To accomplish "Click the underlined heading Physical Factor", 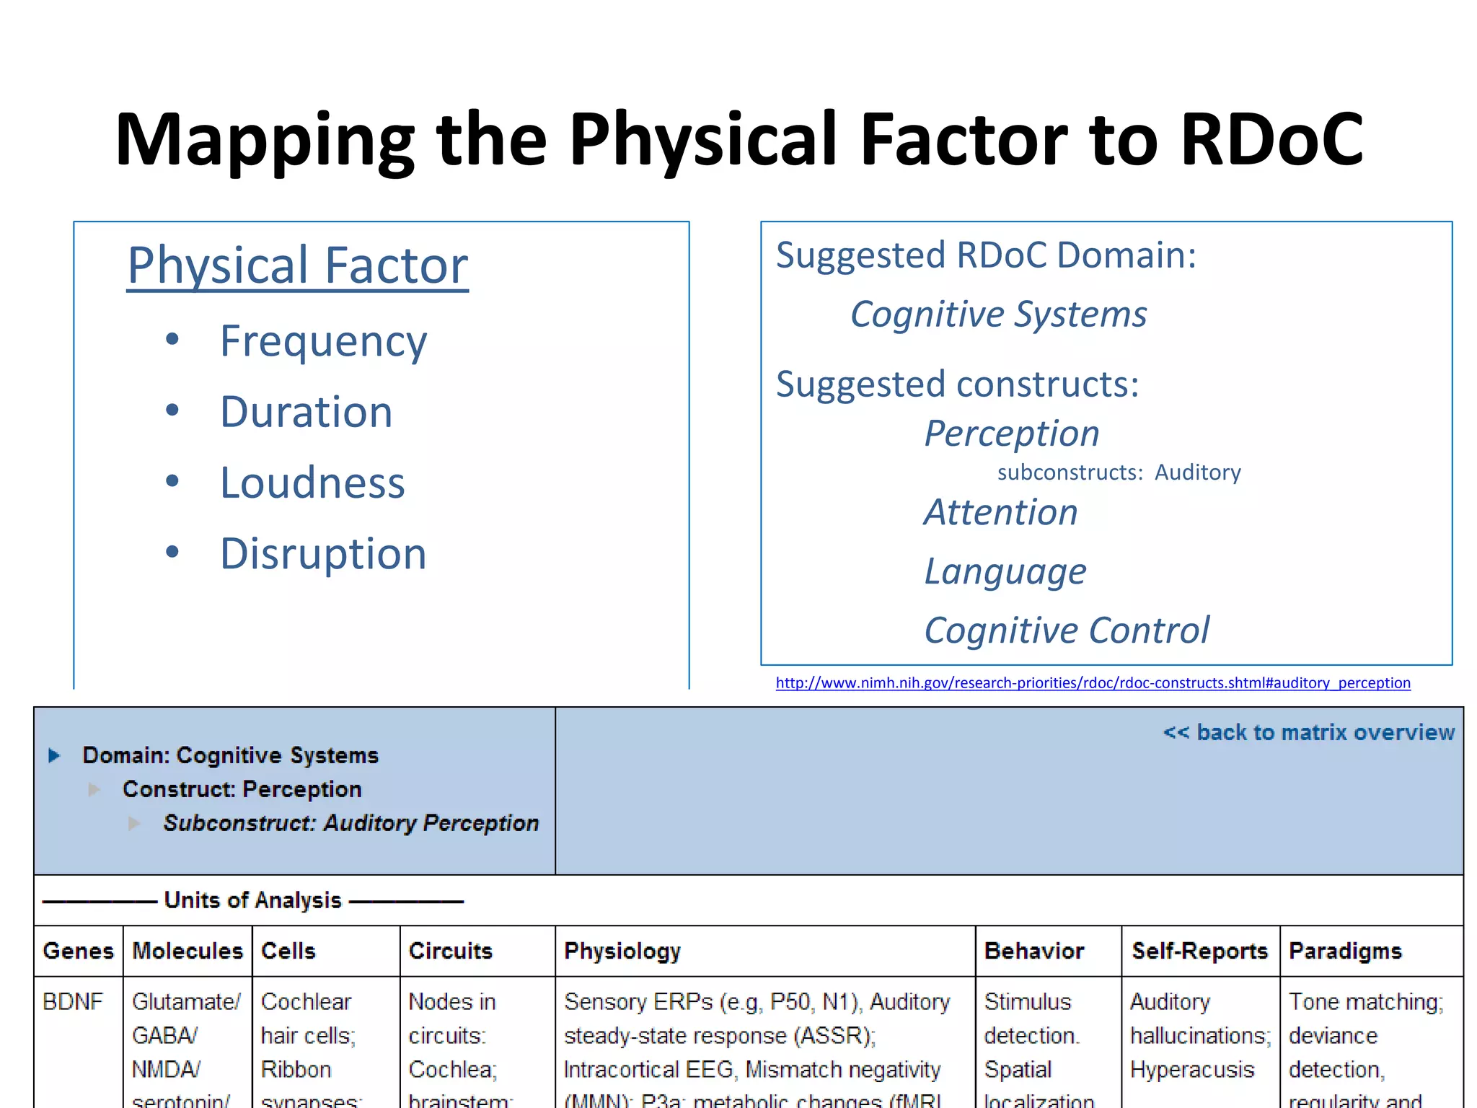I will (297, 266).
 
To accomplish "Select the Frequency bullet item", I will (323, 341).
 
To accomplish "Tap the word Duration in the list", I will (306, 412).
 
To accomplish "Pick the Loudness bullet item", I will (312, 483).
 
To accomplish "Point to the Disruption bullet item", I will (323, 554).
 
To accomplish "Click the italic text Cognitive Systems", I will (998, 315).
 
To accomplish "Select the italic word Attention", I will (1001, 513).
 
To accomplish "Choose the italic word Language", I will (1005, 572).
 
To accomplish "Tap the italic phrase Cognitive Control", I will (1067, 630).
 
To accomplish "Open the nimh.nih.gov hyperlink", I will (1093, 682).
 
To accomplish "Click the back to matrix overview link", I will (1308, 733).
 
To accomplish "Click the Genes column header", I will (78, 951).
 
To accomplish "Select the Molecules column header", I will (188, 951).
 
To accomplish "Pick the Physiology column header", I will (622, 951).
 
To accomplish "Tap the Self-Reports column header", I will (1199, 951).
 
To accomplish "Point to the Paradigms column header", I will (1345, 951).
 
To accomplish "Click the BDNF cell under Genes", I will (73, 1001).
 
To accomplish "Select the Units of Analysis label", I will (252, 900).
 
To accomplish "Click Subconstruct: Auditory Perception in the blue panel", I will (350, 823).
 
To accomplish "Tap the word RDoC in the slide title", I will (1271, 139).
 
